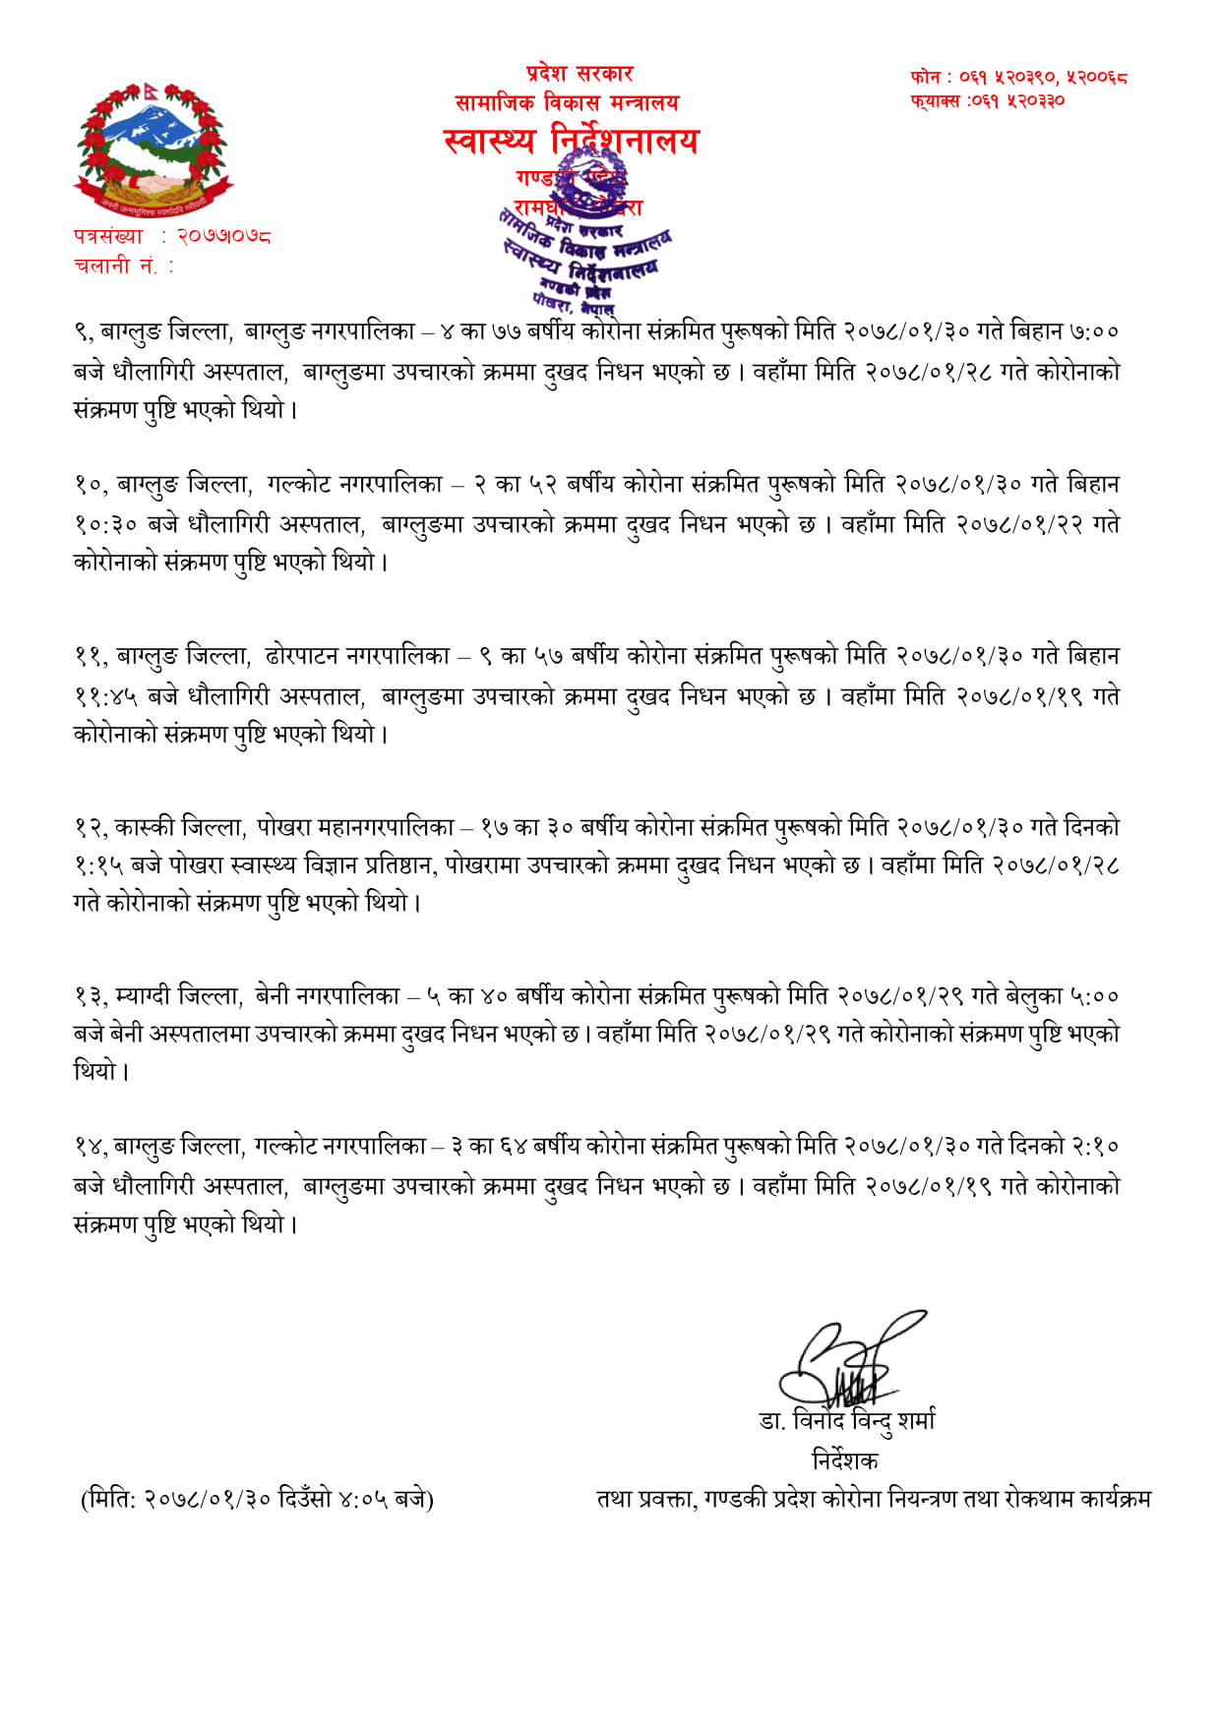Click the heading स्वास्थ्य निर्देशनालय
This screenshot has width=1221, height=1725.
[571, 142]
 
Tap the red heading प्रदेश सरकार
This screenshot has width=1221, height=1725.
[579, 74]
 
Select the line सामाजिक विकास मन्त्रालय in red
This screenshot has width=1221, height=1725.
[567, 102]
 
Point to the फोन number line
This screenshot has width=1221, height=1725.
[1018, 77]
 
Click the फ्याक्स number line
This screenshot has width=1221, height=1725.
[987, 100]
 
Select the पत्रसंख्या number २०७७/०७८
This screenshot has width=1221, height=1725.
[223, 236]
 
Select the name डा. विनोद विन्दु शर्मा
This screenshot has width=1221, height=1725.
[847, 1420]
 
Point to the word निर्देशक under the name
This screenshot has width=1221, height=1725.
[844, 1459]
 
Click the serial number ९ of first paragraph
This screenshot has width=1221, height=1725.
[83, 332]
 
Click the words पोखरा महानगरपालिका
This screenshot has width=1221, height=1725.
[355, 826]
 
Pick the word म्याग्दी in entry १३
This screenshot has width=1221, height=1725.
[143, 996]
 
